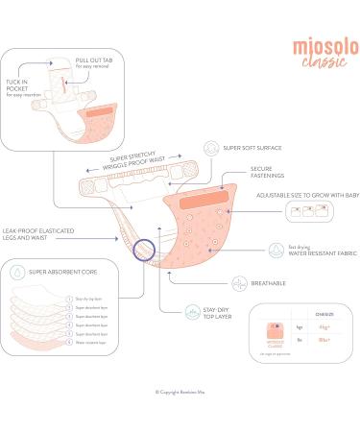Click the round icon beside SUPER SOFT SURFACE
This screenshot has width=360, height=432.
point(208,150)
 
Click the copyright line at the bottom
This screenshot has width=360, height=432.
point(180,391)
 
